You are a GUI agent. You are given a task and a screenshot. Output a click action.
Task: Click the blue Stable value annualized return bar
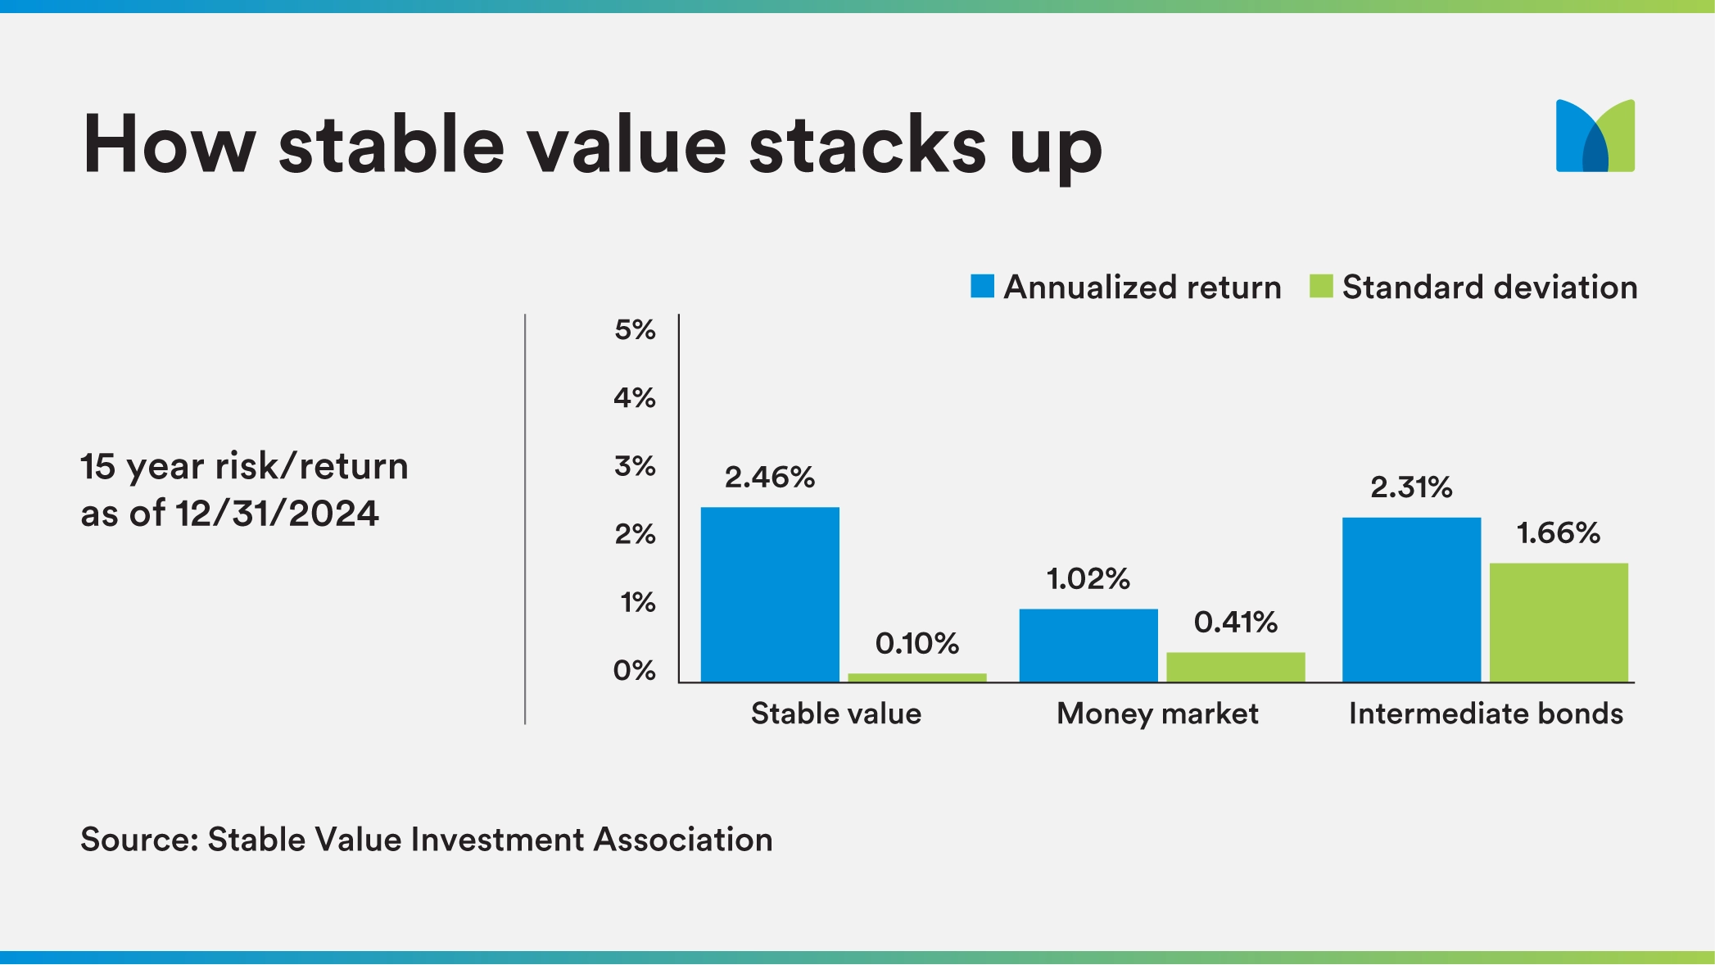click(770, 595)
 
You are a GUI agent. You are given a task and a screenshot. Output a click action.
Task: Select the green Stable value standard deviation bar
click(916, 677)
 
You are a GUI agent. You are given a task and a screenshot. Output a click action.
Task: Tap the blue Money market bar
click(1088, 646)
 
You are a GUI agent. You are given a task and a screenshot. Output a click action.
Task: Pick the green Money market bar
click(1235, 667)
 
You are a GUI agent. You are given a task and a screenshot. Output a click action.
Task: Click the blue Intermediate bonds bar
click(1411, 600)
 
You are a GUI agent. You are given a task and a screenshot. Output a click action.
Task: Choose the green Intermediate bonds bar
click(1558, 623)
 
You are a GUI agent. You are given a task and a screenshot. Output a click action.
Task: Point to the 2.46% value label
click(769, 477)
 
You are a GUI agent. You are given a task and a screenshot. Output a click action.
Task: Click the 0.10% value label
click(916, 643)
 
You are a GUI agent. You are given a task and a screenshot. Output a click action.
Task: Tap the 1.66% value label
click(1558, 533)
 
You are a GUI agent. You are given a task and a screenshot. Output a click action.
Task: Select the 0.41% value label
click(1235, 622)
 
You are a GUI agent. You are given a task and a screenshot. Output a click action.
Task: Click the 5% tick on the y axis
click(635, 330)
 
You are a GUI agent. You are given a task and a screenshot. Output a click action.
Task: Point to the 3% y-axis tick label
click(635, 466)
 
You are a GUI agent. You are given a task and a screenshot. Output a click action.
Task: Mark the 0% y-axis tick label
click(635, 671)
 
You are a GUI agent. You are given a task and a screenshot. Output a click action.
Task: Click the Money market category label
click(1156, 714)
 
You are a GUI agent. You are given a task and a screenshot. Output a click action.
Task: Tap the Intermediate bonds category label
click(1486, 714)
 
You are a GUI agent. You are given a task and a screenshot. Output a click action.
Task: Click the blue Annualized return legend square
click(982, 286)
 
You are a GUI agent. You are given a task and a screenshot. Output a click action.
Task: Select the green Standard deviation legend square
click(1321, 286)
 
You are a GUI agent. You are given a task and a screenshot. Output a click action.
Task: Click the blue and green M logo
click(1595, 136)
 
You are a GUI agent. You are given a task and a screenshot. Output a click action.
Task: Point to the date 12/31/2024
click(277, 514)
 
